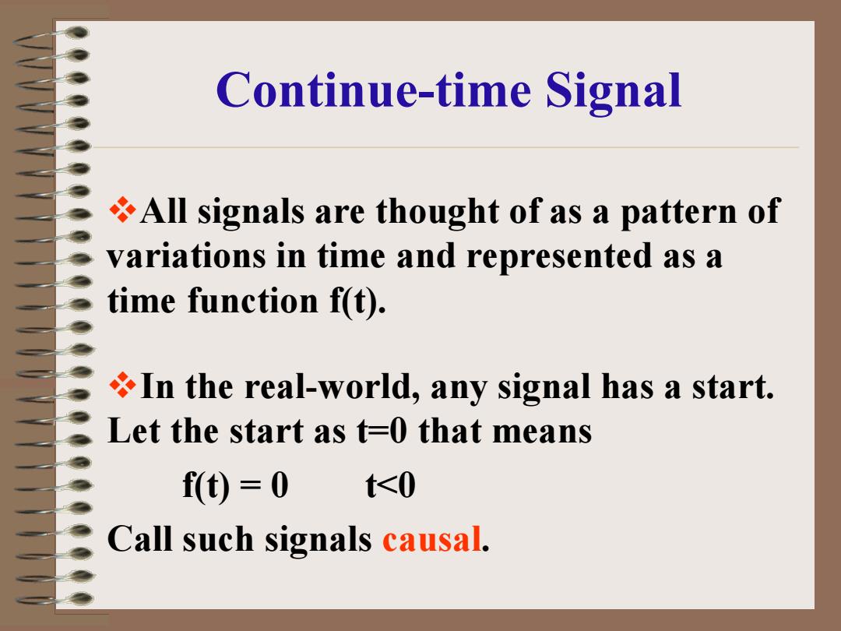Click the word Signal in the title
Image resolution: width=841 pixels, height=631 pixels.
pos(613,91)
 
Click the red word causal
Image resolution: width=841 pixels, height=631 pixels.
pos(431,539)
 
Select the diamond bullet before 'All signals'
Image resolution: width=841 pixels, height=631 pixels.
pos(122,210)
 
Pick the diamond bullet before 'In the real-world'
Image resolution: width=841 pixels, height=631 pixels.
pos(122,386)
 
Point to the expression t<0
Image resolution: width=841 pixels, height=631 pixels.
pos(390,486)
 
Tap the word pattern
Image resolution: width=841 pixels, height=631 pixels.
pos(678,213)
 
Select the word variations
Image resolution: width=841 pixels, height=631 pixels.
pos(186,256)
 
